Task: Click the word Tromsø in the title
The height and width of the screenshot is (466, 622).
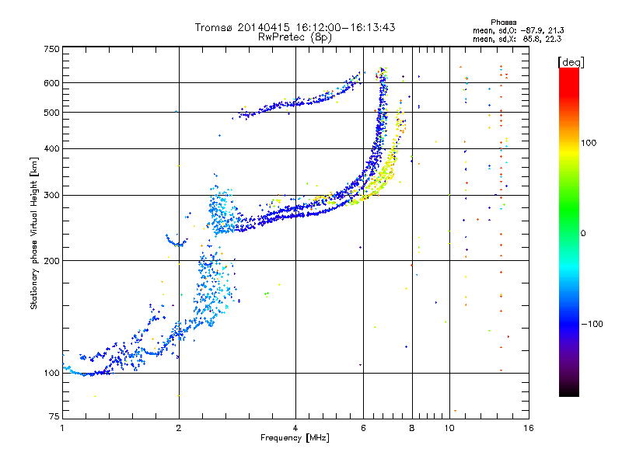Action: [x=215, y=27]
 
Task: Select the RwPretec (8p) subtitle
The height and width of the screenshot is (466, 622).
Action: [x=295, y=37]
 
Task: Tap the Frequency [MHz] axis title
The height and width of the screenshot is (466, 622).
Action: [x=295, y=438]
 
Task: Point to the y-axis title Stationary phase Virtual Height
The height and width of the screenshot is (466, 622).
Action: [x=33, y=234]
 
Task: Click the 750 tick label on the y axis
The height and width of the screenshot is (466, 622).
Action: [x=51, y=49]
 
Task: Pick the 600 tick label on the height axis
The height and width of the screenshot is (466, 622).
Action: [x=51, y=83]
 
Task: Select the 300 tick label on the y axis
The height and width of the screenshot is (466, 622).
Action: [x=51, y=196]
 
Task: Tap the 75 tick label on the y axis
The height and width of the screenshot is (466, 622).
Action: [x=54, y=416]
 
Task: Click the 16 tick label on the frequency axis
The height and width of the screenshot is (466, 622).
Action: [x=529, y=428]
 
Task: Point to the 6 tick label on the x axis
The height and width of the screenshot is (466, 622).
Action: [x=363, y=428]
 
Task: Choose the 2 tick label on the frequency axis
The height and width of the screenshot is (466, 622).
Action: [x=179, y=428]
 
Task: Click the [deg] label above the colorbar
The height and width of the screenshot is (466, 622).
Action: [x=571, y=63]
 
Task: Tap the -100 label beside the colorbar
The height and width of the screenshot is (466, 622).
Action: [x=592, y=324]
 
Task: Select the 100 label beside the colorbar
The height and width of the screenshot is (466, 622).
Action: [x=589, y=143]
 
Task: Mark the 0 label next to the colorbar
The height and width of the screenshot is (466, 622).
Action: [x=583, y=234]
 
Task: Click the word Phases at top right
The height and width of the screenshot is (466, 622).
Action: [x=503, y=23]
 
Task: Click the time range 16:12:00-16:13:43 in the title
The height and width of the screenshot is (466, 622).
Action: [x=345, y=27]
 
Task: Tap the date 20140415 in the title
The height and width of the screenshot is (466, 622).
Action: [x=264, y=27]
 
